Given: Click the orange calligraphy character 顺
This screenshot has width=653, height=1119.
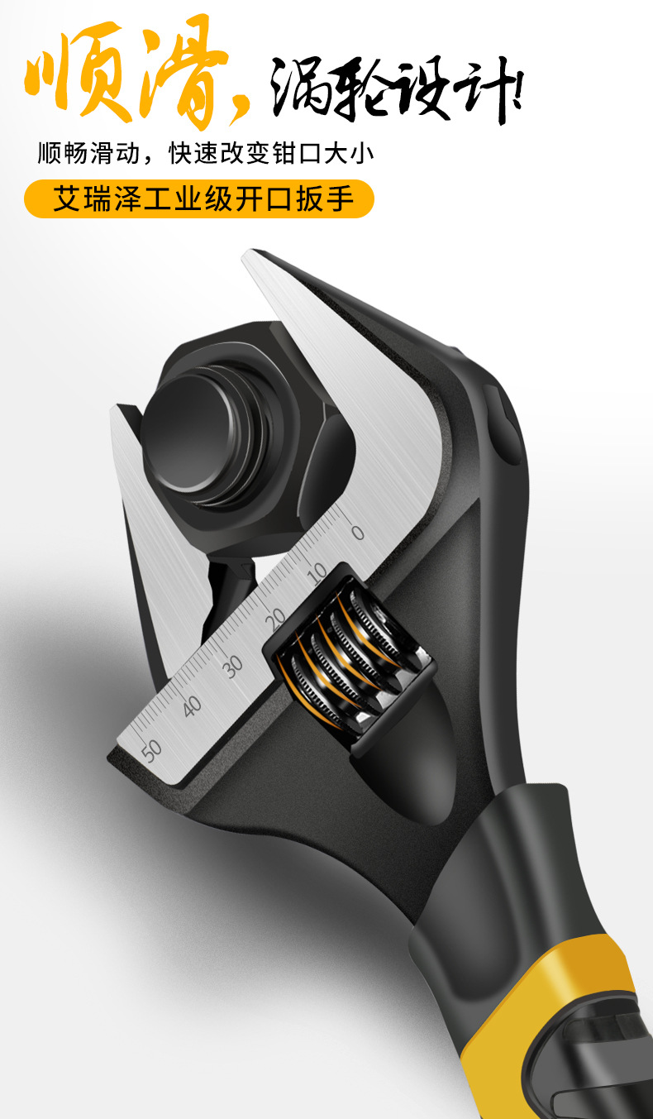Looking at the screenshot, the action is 78,73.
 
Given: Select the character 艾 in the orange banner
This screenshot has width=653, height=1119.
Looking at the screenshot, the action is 66,198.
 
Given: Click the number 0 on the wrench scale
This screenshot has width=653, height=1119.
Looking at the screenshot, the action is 357,533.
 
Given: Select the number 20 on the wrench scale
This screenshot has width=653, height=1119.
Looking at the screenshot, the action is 275,619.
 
